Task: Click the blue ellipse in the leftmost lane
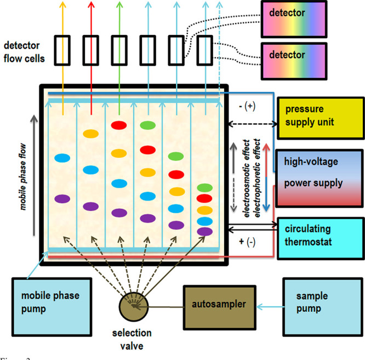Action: coord(62,158)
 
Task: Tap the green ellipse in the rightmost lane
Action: coord(205,188)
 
